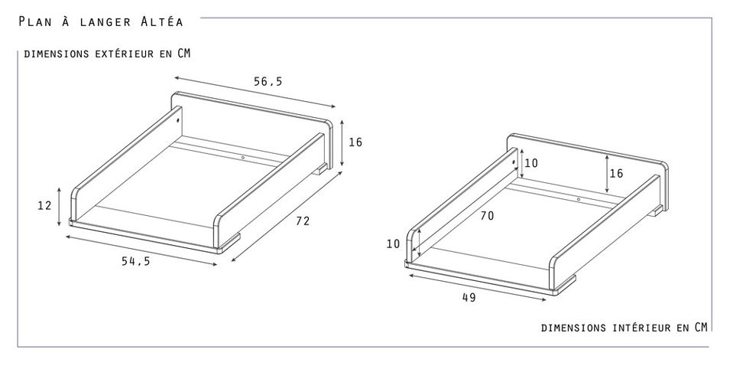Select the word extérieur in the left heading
click(124, 54)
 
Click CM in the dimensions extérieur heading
click(184, 53)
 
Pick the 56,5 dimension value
click(268, 82)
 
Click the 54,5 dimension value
click(136, 261)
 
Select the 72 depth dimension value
click(303, 221)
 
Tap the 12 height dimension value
click(44, 205)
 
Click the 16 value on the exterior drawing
click(355, 142)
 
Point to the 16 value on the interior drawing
click(616, 174)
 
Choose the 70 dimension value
click(488, 216)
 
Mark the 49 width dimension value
click(469, 297)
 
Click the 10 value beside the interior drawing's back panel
click(531, 163)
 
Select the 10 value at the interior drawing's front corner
click(394, 243)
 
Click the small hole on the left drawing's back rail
click(243, 158)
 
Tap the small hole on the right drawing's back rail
click(579, 199)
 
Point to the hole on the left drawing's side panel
click(178, 119)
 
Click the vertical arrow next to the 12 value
click(59, 207)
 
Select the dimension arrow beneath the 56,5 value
click(255, 92)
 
